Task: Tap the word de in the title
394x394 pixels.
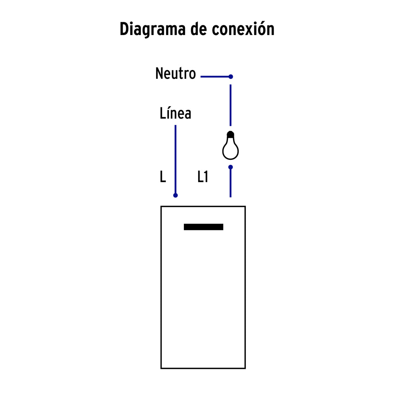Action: [198, 29]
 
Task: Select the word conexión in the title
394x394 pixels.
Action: [243, 29]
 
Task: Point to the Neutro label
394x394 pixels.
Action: [175, 73]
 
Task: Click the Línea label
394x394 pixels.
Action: [175, 113]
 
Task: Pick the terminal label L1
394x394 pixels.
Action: [203, 177]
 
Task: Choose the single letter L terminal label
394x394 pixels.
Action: [163, 177]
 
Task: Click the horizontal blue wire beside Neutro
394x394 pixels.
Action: [215, 76]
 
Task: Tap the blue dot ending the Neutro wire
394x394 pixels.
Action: [231, 76]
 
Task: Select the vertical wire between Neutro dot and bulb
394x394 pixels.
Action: [231, 105]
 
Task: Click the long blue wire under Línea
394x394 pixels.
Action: [175, 159]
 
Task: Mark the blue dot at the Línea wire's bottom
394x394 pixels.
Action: [175, 195]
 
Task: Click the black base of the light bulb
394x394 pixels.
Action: [231, 134]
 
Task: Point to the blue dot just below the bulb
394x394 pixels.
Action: [231, 167]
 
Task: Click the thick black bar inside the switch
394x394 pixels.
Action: [204, 227]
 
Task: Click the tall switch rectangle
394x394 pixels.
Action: [161, 287]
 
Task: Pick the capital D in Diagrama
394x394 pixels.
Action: [124, 29]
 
